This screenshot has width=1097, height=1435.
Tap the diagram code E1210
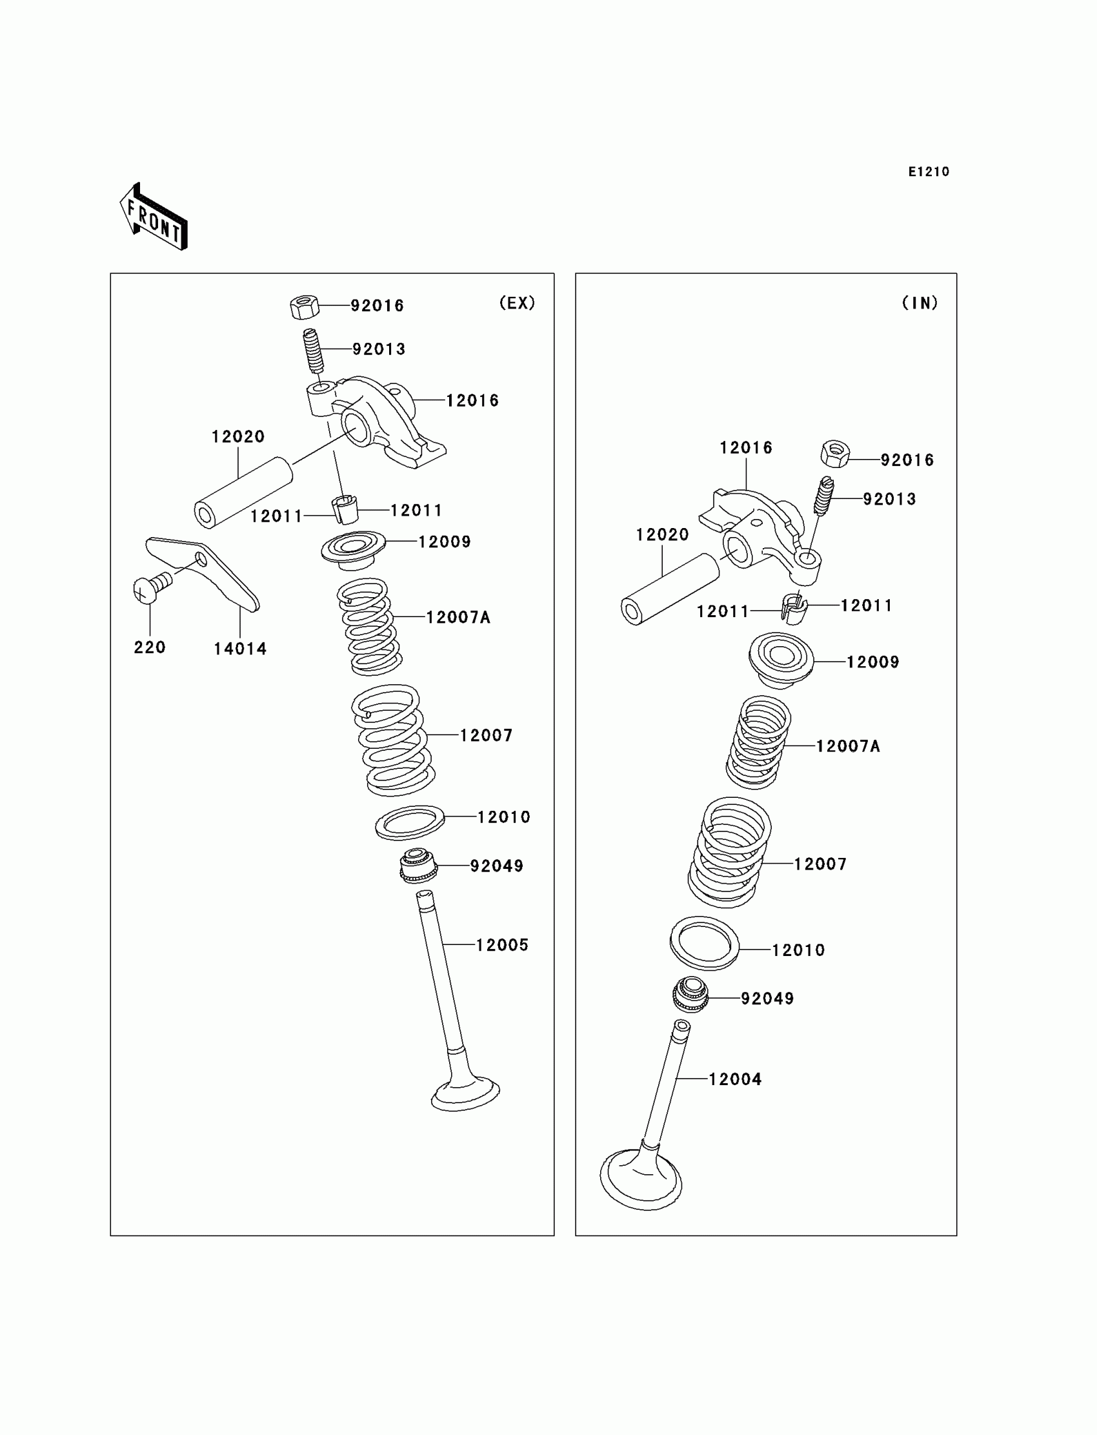click(929, 172)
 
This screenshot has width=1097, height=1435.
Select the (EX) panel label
click(517, 303)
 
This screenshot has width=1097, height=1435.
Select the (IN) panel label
click(920, 303)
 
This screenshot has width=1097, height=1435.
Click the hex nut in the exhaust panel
click(305, 307)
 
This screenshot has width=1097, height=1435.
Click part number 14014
click(240, 649)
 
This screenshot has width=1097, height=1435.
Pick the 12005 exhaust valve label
click(501, 945)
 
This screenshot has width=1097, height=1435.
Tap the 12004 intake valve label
click(735, 1079)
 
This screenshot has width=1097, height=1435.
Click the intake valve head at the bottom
click(641, 1179)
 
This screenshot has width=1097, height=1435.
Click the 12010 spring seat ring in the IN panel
click(705, 942)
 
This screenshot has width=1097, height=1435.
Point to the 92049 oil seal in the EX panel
click(418, 866)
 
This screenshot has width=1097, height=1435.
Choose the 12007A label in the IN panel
click(848, 746)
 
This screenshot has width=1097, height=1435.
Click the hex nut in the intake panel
click(835, 453)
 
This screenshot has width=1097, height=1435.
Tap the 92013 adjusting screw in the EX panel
click(314, 350)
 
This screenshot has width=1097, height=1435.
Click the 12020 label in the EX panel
click(238, 436)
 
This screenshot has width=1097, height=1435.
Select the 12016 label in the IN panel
click(746, 447)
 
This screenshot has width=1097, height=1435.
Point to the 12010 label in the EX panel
click(503, 817)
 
